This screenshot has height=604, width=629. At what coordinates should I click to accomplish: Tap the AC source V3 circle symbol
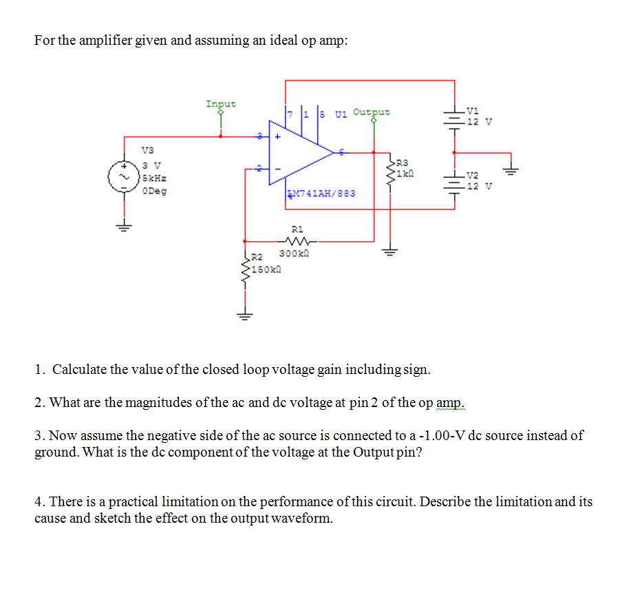coord(124,178)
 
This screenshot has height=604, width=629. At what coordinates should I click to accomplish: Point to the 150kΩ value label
coord(266,269)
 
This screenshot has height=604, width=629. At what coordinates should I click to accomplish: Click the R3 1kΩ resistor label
coord(406,168)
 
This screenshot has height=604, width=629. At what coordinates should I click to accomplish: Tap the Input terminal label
coord(220,104)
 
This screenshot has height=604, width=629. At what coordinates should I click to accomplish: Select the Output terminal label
coord(371,112)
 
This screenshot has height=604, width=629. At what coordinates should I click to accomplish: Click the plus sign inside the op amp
coord(279,136)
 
